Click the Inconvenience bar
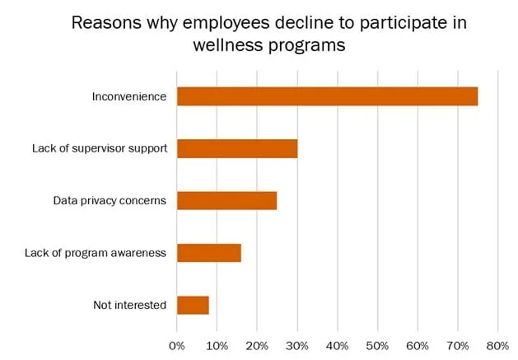coord(327,96)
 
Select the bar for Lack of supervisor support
coord(237,148)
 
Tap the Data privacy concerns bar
coord(226,200)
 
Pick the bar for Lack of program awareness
coord(209,253)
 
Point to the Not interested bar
coord(193,305)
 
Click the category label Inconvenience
coord(129,96)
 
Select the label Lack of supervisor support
coord(100,148)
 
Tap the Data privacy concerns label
coord(110,200)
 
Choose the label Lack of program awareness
coord(96,253)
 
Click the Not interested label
coord(130,305)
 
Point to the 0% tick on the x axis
coord(177,345)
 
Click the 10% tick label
coord(217,345)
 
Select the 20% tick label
coord(257,345)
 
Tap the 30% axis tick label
coord(297,345)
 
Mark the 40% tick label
coord(338,345)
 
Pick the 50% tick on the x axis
coord(377,345)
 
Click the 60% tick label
coord(418,345)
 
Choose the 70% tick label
coord(458,345)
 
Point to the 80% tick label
coord(497,345)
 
